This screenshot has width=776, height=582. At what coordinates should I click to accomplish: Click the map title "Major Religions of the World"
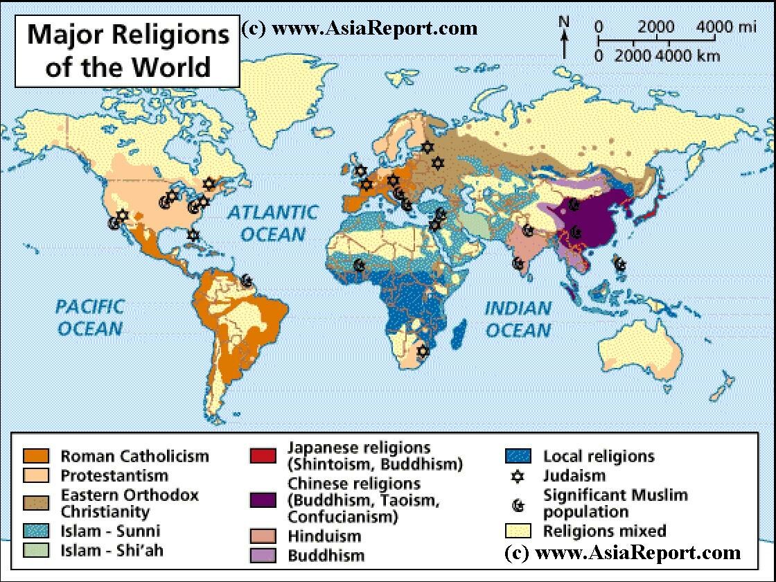click(x=127, y=51)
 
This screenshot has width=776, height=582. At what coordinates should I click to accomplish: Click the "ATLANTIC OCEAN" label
click(x=273, y=222)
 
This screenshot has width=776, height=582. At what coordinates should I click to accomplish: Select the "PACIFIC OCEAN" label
click(x=90, y=317)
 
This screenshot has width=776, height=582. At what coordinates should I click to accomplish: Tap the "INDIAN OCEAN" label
click(x=518, y=319)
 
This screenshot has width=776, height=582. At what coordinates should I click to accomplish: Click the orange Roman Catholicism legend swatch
click(x=36, y=456)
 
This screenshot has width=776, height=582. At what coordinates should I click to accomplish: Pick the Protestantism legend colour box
click(x=36, y=476)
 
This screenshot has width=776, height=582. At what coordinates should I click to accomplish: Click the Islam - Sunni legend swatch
click(x=36, y=531)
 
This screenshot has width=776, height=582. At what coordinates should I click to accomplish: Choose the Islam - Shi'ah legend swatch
click(x=36, y=552)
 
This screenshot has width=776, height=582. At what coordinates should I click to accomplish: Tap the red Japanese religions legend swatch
click(x=263, y=456)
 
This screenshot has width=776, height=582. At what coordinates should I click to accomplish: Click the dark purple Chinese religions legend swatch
click(x=263, y=500)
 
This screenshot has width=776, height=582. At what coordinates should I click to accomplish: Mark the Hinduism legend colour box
click(x=263, y=536)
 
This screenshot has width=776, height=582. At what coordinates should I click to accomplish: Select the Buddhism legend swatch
click(x=263, y=555)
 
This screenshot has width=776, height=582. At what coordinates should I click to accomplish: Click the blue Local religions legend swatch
click(x=518, y=456)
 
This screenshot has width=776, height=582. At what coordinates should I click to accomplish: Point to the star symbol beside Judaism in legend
click(x=518, y=477)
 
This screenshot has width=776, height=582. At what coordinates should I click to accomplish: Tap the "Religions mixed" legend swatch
click(x=518, y=531)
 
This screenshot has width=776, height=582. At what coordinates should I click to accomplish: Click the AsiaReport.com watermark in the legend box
click(x=623, y=553)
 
